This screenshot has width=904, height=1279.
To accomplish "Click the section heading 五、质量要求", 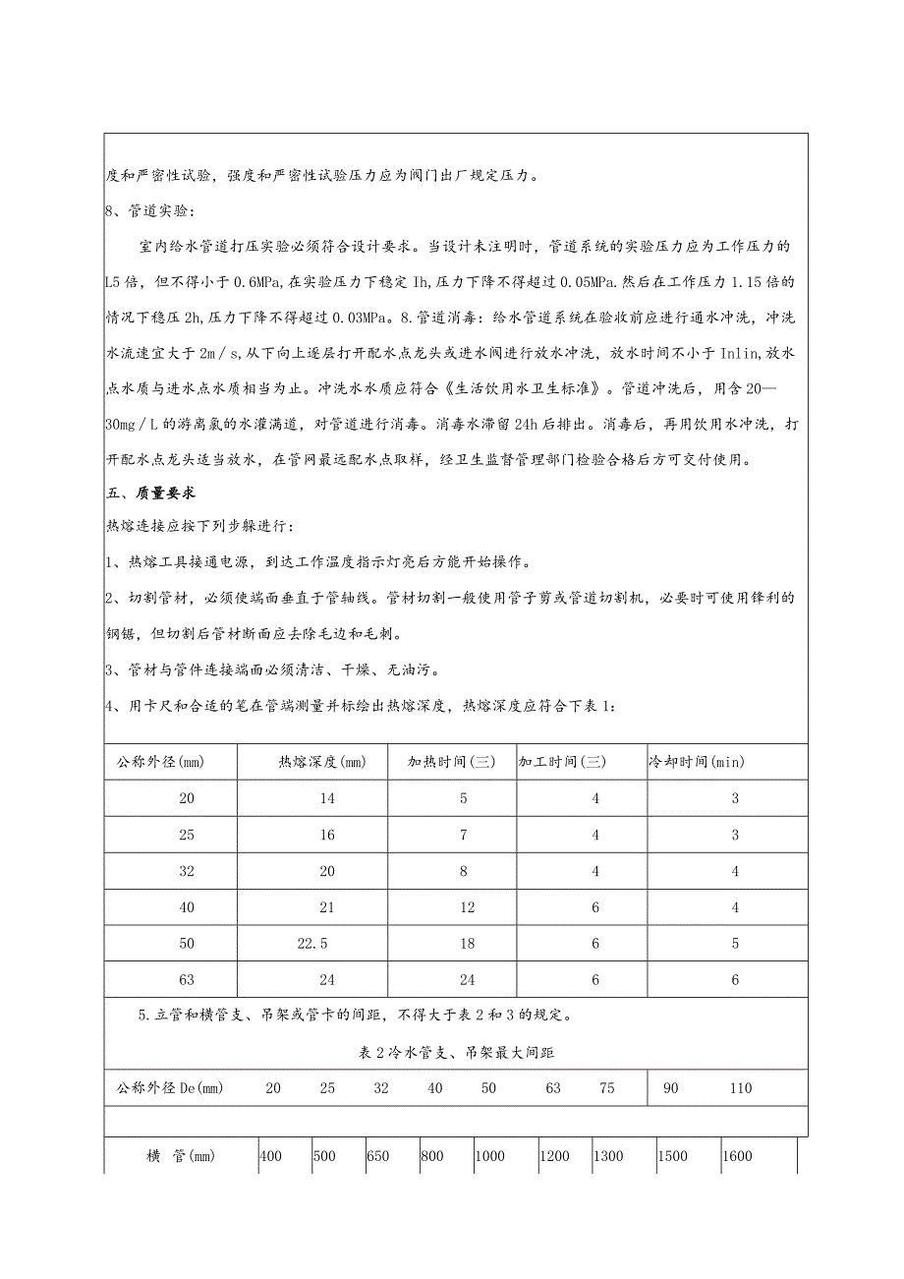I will click(x=150, y=491).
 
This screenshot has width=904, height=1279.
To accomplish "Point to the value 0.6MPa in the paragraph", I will click(x=258, y=281).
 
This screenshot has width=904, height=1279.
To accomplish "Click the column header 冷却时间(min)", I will click(x=723, y=761).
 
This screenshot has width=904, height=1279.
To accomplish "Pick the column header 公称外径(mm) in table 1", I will click(x=160, y=761).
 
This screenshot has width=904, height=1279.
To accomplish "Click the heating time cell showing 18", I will click(x=464, y=943).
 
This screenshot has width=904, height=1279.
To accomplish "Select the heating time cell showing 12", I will click(x=464, y=906).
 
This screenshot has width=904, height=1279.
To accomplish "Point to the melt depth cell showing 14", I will click(x=327, y=797).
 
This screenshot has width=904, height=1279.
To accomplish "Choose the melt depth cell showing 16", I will click(x=327, y=834).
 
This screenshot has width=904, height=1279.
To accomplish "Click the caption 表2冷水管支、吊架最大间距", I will click(x=457, y=1053).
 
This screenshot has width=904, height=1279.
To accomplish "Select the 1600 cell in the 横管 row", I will click(x=737, y=1156).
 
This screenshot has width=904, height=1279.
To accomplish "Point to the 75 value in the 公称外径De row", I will click(x=608, y=1087).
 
